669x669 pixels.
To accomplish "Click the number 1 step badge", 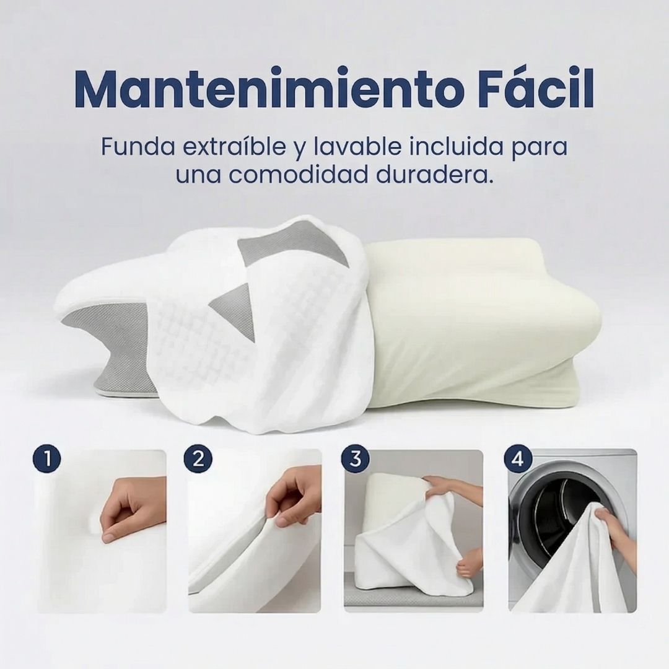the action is coord(46,459).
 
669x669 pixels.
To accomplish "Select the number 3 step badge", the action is coord(355,459).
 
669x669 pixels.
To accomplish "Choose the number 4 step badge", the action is coord(517,459).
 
